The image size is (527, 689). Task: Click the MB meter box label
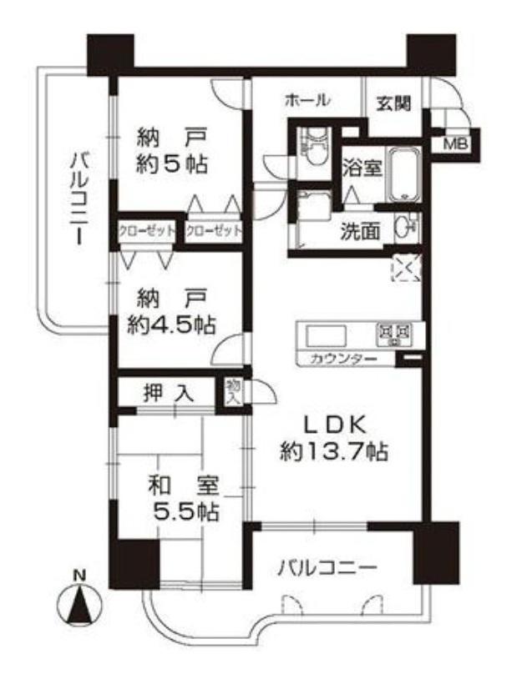click(457, 143)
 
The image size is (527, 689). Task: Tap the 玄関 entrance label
click(393, 103)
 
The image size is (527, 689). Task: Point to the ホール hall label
click(307, 101)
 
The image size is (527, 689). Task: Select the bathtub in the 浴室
click(403, 174)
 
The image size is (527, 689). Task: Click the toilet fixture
click(313, 147)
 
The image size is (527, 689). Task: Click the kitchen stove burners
click(393, 334)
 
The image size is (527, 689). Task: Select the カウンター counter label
click(343, 359)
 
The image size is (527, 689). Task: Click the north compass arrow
click(79, 606)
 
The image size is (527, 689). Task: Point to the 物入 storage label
click(233, 392)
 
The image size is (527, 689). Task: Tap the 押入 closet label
click(169, 393)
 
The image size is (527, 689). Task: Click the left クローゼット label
click(147, 230)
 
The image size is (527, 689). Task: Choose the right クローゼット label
click(214, 230)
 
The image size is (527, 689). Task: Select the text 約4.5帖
click(171, 325)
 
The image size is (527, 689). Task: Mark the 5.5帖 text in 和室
click(185, 511)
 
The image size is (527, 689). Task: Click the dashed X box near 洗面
click(406, 267)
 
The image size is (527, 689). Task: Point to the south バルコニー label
click(327, 568)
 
